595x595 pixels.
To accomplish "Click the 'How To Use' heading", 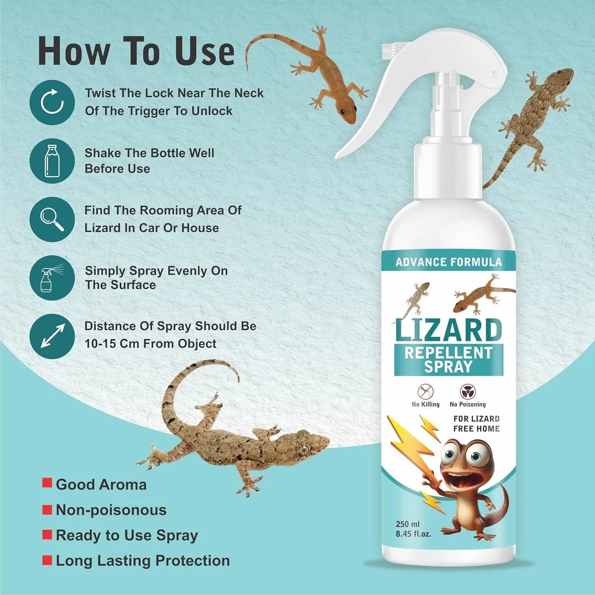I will tap(136, 51).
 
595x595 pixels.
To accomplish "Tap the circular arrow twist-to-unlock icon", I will tap(52, 102).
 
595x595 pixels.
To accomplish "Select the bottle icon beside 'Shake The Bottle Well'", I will tap(52, 161).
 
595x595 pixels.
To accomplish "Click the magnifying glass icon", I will tap(52, 219).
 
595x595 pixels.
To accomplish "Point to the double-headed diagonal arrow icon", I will tap(52, 336).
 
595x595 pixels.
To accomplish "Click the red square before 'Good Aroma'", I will tap(47, 483).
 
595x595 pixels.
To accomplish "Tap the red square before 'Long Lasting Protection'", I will tap(47, 560).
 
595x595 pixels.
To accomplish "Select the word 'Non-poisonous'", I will tap(111, 510).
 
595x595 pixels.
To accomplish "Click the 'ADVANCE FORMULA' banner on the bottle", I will tap(448, 262).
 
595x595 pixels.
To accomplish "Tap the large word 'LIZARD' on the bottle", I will tap(448, 330).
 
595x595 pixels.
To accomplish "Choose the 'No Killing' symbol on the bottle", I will tap(425, 391).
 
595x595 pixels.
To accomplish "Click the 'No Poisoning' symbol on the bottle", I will tap(468, 391).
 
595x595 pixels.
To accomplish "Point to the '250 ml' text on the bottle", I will tap(407, 524).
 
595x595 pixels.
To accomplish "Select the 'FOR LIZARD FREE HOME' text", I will tap(476, 424).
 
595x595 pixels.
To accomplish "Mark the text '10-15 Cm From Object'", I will tap(150, 344).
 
